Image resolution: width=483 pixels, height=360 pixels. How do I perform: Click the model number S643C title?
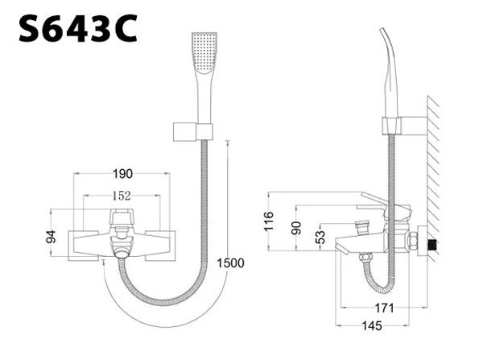[78, 28]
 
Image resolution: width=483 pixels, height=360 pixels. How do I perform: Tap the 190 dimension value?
[122, 174]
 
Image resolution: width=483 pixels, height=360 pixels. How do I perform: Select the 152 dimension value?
[122, 196]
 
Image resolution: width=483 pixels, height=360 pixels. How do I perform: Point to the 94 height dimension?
[52, 237]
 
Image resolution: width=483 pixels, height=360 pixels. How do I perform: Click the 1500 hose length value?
[230, 263]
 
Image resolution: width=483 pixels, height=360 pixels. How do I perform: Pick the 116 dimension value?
[269, 221]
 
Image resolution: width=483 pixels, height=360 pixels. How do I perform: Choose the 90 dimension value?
[296, 228]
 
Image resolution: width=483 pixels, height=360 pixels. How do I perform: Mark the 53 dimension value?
[320, 238]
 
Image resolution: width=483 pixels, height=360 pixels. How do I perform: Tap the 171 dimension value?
[384, 308]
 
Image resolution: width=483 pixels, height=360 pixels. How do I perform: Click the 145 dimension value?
[372, 326]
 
